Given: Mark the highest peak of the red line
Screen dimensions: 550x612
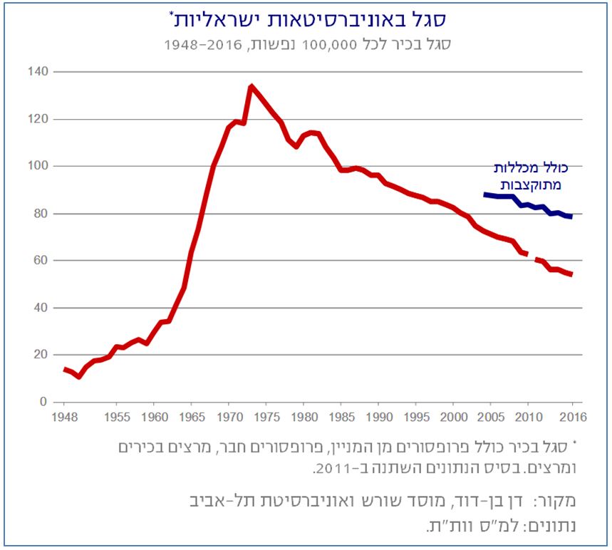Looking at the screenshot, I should pyautogui.click(x=251, y=87).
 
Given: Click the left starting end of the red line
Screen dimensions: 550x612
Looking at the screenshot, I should pyautogui.click(x=65, y=368).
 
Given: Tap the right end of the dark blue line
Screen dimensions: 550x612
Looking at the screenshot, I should pyautogui.click(x=571, y=217).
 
